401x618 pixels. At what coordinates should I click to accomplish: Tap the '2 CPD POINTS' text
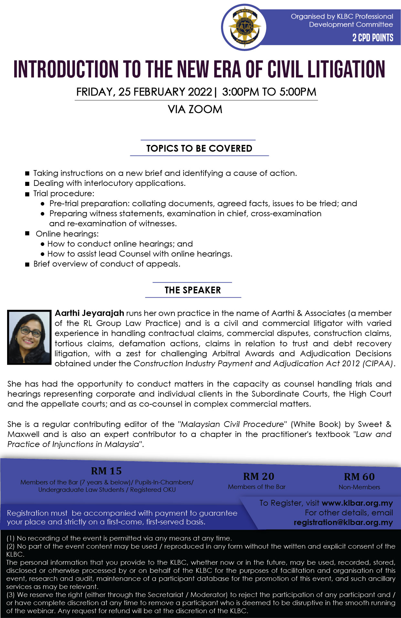[x=373, y=38]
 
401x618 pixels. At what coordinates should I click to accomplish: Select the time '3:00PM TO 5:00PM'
[x=269, y=92]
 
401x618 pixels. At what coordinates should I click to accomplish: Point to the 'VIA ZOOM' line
[x=195, y=109]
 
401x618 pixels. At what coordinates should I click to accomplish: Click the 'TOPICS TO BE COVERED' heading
[x=199, y=148]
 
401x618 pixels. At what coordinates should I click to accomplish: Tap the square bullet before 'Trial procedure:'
[x=27, y=194]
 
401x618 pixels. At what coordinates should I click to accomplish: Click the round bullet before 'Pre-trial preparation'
[x=43, y=204]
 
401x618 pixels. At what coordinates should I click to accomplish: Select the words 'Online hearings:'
[x=67, y=234]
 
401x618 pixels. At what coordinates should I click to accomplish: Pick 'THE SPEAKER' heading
[x=193, y=290]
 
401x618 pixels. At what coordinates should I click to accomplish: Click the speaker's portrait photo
[x=29, y=337]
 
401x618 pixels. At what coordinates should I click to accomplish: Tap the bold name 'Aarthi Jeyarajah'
[x=90, y=313]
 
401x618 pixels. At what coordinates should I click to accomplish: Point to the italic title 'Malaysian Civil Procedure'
[x=232, y=424]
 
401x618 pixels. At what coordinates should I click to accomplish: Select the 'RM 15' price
[x=106, y=471]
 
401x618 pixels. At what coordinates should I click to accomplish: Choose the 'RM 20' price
[x=259, y=476]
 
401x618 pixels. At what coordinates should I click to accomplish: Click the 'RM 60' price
[x=359, y=477]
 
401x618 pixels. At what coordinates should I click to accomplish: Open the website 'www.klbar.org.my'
[x=357, y=503]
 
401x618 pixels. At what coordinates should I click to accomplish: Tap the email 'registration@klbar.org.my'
[x=343, y=522]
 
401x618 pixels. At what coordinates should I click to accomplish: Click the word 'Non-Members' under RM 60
[x=359, y=487]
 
